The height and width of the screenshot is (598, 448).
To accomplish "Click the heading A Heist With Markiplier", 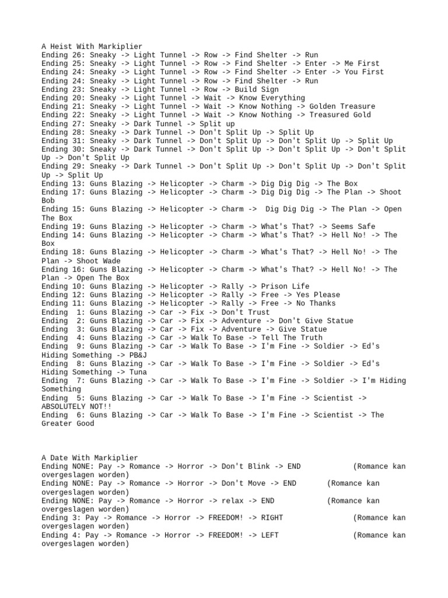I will [x=92, y=46].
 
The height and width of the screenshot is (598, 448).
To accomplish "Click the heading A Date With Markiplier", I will [x=89, y=458].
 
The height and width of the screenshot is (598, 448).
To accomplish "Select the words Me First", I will [x=362, y=64].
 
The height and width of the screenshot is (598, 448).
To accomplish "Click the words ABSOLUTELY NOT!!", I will [x=76, y=406].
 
